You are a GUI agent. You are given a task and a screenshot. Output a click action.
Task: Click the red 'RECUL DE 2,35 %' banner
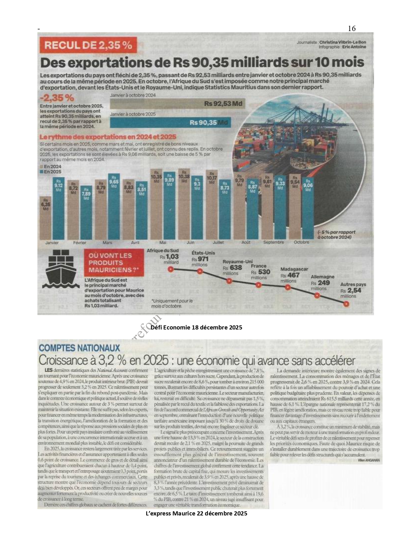tap(88, 45)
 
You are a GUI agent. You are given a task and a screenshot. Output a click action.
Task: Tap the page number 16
tap(352, 29)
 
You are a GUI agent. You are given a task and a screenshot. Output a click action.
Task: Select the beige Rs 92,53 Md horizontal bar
tap(177, 104)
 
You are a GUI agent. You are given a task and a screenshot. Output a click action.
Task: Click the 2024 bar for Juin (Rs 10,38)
tap(184, 206)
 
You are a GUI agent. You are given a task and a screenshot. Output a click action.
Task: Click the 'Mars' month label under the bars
tap(107, 243)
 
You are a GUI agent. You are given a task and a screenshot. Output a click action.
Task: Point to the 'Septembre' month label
tap(274, 242)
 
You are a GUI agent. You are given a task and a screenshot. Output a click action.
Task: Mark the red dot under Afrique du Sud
tap(171, 269)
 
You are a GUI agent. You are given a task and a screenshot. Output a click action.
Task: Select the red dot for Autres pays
tap(346, 304)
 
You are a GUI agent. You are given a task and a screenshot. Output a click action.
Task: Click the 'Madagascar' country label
tap(294, 269)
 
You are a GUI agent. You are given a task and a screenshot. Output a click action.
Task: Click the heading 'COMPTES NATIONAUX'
tap(80, 348)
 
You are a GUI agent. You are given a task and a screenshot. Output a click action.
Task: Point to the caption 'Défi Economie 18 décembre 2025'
tap(196, 327)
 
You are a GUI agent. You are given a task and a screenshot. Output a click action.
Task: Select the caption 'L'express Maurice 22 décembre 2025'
tap(196, 513)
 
